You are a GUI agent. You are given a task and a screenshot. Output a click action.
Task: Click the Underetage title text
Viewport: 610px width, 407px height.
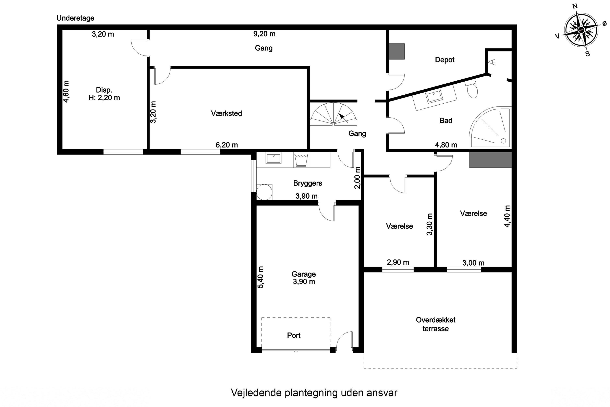[75, 18]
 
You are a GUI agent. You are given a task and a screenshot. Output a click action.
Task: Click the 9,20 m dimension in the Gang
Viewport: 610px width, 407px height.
[264, 34]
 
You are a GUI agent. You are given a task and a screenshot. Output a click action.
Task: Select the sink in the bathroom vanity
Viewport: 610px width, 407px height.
[434, 96]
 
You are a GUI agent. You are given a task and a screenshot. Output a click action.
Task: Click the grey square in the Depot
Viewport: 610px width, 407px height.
[396, 51]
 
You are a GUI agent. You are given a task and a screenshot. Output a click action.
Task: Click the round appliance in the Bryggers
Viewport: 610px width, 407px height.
[264, 192]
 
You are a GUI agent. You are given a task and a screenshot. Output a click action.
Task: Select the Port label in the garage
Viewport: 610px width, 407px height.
[294, 335]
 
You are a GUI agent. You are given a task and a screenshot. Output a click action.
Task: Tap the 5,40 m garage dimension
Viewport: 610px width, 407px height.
[260, 277]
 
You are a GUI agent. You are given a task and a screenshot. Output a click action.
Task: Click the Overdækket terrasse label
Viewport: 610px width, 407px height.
[436, 324]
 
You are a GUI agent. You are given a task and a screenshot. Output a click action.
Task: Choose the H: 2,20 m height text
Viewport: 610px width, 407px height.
[104, 98]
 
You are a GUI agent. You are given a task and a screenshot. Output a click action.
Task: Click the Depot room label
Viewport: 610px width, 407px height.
[444, 60]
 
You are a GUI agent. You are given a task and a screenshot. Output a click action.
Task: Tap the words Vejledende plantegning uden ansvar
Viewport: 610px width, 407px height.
[314, 393]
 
